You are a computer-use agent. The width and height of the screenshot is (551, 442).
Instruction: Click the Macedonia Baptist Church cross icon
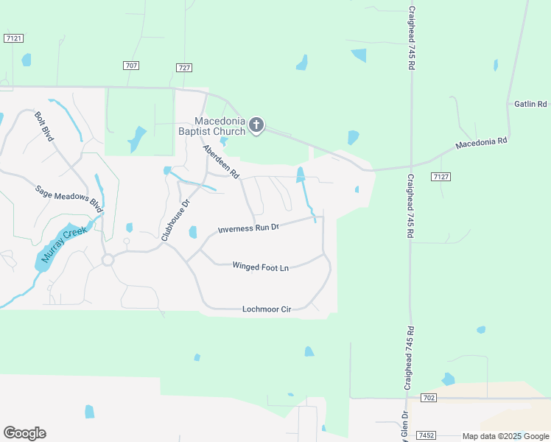tap(256, 125)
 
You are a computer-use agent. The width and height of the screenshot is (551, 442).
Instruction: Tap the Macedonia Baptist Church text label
tap(219, 126)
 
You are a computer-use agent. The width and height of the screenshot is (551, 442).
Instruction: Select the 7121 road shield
tap(13, 38)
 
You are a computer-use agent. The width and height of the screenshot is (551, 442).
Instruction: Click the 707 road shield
tap(131, 66)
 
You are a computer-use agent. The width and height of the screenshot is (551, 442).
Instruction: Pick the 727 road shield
tap(184, 68)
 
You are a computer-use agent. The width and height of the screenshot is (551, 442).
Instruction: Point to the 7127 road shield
tap(441, 177)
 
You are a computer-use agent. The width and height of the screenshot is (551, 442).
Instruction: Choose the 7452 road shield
tap(424, 435)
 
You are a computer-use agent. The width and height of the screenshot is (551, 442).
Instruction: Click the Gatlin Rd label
tap(530, 105)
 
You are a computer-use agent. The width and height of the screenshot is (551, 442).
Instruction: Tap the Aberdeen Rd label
tap(221, 162)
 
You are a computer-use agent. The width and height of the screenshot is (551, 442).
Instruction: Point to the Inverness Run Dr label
tap(249, 229)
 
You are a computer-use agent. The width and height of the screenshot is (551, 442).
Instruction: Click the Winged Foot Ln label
tap(260, 266)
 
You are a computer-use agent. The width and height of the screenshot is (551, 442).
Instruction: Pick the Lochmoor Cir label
tap(267, 309)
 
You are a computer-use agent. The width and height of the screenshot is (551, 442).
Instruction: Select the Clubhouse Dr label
tap(176, 220)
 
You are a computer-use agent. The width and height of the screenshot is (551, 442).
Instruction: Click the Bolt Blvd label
tap(44, 127)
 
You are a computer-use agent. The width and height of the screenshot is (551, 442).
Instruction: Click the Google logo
tap(24, 433)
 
